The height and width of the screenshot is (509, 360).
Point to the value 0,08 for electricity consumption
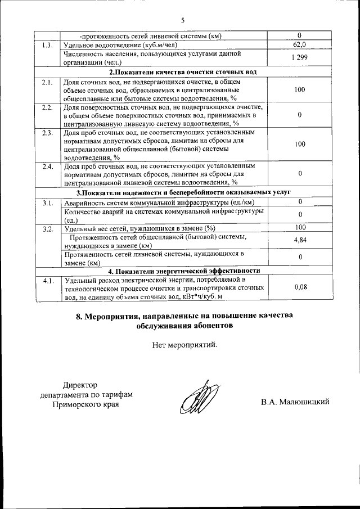pos(300,287)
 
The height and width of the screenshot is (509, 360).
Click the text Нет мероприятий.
pos(184,344)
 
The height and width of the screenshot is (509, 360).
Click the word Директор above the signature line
pos(80,385)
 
